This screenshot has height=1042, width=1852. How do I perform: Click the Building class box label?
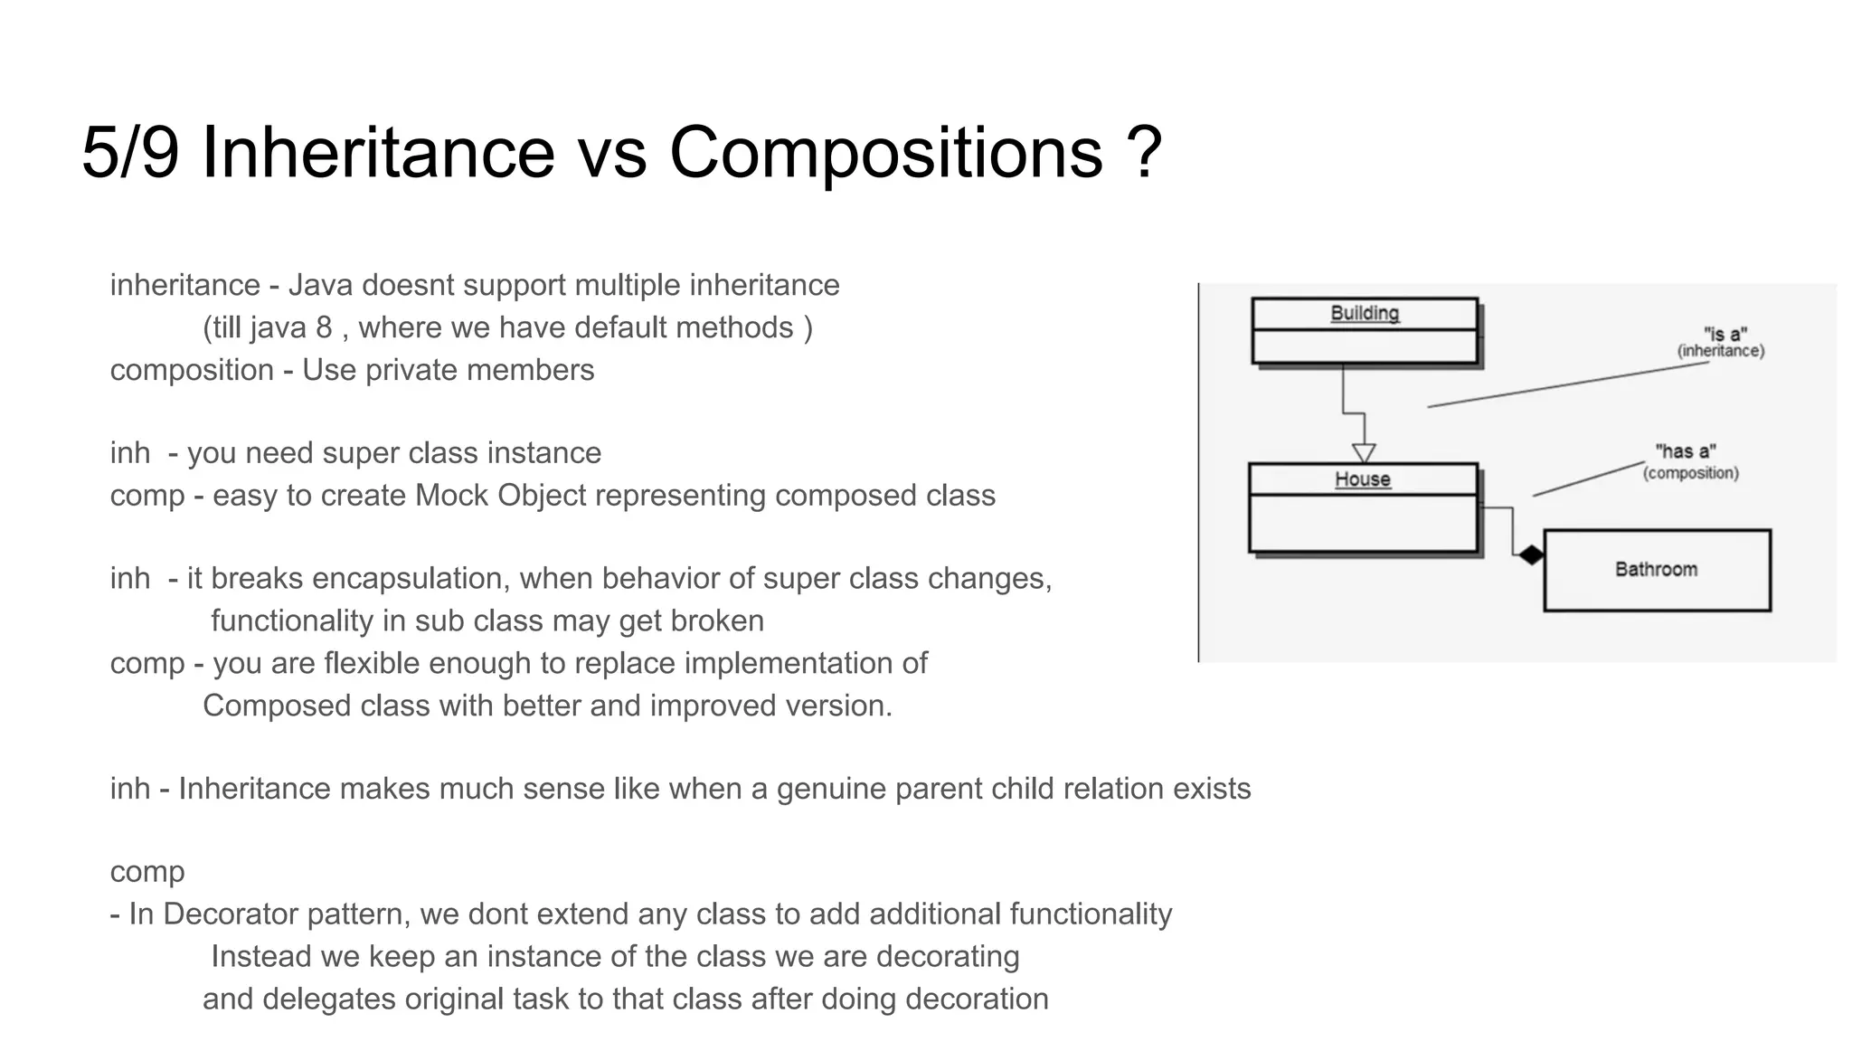[x=1364, y=314]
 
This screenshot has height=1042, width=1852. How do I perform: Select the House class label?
[x=1362, y=479]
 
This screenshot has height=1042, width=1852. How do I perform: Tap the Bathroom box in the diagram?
[x=1656, y=570]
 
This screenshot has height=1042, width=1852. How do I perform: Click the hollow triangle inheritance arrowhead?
[x=1364, y=452]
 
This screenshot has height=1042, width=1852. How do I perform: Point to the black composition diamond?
[x=1530, y=554]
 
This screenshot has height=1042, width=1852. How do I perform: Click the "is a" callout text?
[x=1724, y=334]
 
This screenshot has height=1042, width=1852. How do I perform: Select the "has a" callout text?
[x=1685, y=451]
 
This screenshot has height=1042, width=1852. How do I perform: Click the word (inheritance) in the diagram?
[x=1720, y=351]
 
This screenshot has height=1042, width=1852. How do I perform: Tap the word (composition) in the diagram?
[x=1690, y=473]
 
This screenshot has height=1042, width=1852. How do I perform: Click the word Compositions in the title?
[x=885, y=152]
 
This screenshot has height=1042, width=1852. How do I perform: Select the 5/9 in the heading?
[x=130, y=152]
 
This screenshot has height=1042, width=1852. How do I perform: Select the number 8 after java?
[x=324, y=327]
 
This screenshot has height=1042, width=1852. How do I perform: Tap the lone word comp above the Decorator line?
[x=147, y=872]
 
